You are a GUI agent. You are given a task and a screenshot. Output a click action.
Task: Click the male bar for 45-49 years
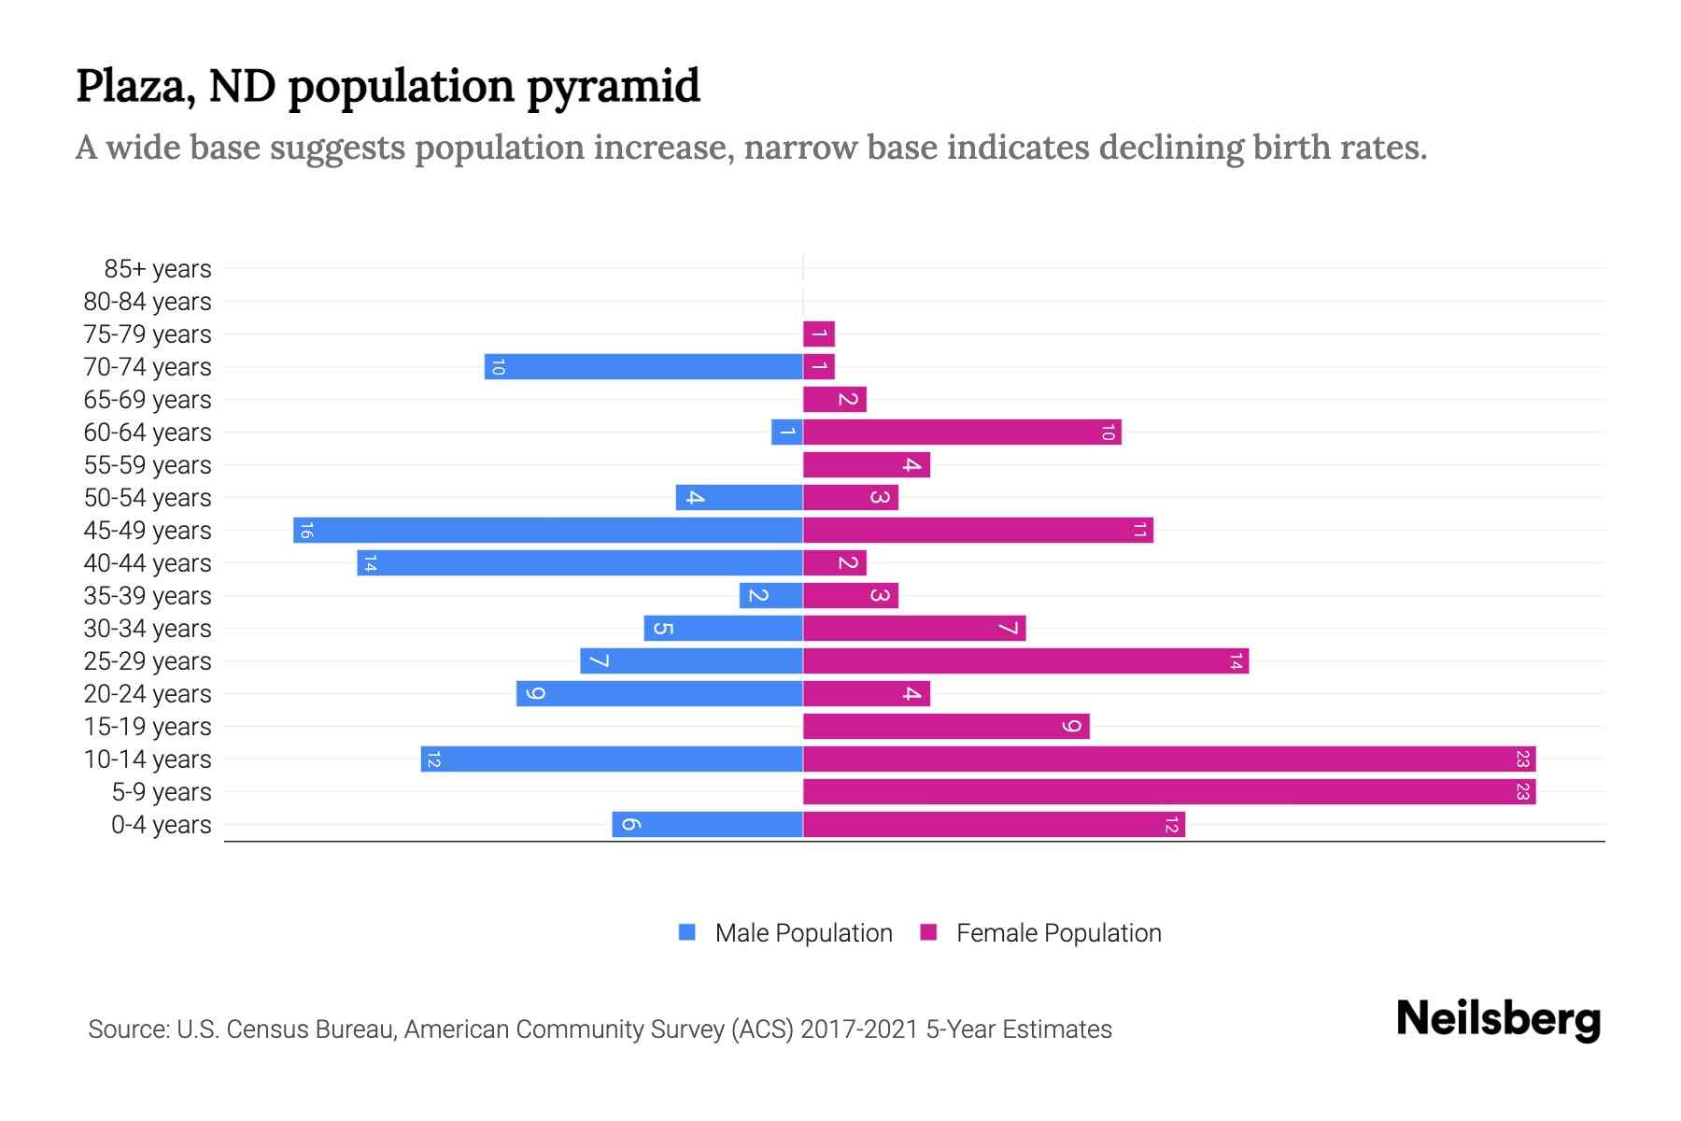coord(548,531)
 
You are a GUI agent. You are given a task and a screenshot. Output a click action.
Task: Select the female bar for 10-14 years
coord(1169,759)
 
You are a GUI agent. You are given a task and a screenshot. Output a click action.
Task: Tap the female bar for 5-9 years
coord(1169,792)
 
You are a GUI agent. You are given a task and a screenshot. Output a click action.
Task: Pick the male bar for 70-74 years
coord(643,367)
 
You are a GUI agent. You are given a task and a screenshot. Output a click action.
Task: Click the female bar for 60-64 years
coord(962,433)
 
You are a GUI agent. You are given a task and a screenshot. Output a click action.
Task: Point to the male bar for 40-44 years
coord(580,563)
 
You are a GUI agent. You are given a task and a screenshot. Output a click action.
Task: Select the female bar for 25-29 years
coord(1025,661)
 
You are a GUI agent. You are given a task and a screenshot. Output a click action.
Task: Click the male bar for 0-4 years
coord(707,825)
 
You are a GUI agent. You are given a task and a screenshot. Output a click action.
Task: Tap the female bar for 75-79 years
coord(819,334)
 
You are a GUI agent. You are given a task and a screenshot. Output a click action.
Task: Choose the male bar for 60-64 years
coord(787,433)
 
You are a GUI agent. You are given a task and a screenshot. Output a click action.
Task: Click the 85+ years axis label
coord(157,269)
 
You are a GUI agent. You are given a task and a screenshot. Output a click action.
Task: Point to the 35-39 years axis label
coord(148,596)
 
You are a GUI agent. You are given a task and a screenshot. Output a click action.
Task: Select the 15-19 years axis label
coord(148,727)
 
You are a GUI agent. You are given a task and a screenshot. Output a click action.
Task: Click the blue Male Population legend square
coord(687,932)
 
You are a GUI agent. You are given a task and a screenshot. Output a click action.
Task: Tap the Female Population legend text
coord(1058,933)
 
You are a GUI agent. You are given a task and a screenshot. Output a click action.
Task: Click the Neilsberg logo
coord(1498,1019)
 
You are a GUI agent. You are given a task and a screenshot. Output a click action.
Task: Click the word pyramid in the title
coord(613,86)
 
